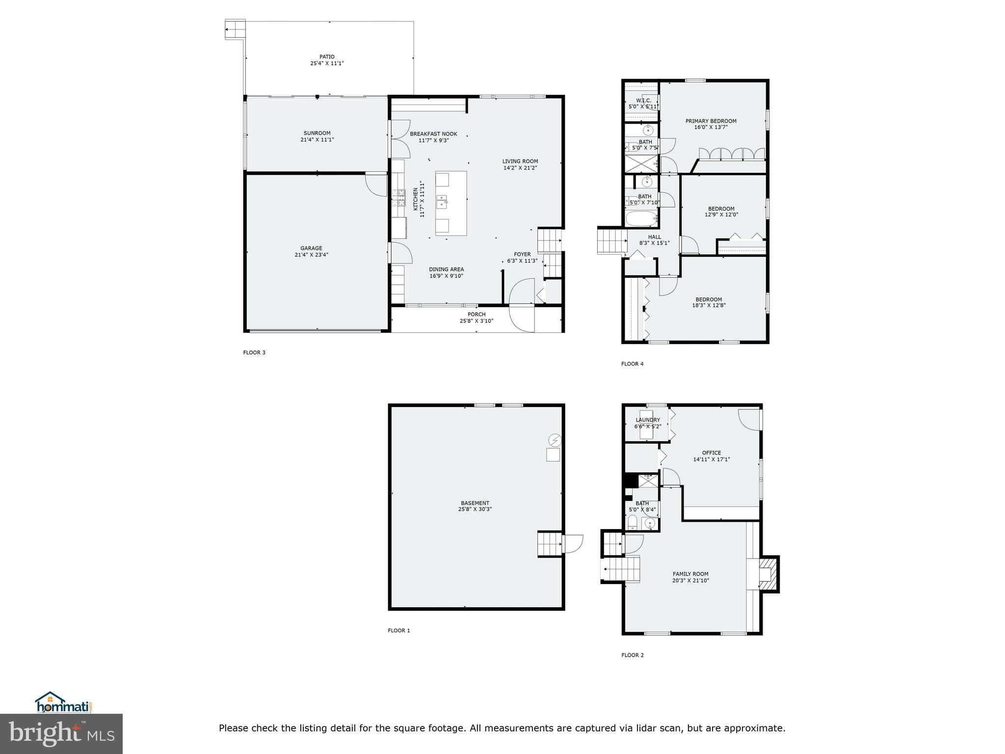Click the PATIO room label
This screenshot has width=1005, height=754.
click(x=327, y=57)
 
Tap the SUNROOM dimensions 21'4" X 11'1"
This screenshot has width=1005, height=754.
click(x=317, y=139)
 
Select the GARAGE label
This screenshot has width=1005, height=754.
click(x=311, y=248)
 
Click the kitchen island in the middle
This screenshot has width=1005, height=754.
click(x=451, y=203)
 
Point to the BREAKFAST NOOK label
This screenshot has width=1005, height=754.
click(x=433, y=134)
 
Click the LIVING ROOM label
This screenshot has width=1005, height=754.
click(x=520, y=161)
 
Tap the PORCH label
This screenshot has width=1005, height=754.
click(x=476, y=314)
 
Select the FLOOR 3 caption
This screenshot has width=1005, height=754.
click(x=254, y=352)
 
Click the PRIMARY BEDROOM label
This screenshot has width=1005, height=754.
click(x=711, y=121)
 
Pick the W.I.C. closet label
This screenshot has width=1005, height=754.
click(x=643, y=101)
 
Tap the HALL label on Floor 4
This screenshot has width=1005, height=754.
click(x=654, y=237)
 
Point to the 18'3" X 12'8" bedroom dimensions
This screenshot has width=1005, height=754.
click(x=709, y=305)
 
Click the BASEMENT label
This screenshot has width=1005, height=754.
click(x=475, y=503)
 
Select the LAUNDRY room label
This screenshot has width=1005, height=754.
click(x=648, y=420)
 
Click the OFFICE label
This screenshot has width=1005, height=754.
click(x=711, y=453)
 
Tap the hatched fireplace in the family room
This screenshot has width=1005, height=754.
click(x=768, y=574)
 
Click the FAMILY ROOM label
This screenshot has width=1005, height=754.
click(x=690, y=574)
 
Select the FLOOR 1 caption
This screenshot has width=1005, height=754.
click(x=398, y=631)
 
